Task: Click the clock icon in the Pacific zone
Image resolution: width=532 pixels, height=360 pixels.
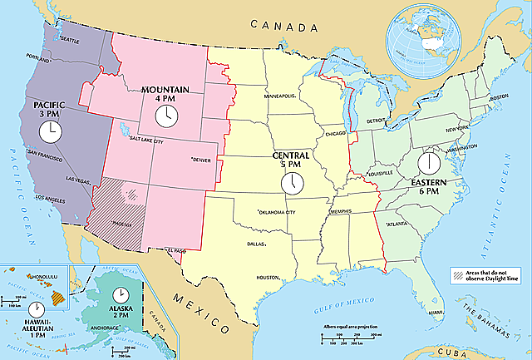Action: pos(50,131)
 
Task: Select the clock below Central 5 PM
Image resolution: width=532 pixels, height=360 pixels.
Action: pos(292,183)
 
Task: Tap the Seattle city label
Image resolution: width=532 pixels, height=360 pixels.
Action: pos(67,39)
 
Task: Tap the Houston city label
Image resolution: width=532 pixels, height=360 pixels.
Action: pos(268,277)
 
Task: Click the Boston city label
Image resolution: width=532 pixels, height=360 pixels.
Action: pos(499,96)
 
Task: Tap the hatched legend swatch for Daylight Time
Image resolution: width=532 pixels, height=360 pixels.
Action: pos(458,274)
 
